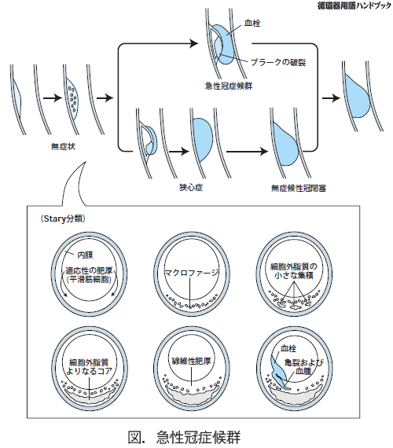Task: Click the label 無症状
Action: pos(63,146)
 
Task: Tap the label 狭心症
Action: pos(191,187)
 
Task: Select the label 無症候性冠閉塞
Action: pos(299,188)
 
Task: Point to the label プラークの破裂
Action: pos(278,62)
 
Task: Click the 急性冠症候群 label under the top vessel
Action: pos(229,86)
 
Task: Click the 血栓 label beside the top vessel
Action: pos(252,23)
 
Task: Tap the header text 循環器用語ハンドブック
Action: pos(354,6)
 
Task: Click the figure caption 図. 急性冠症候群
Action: pos(184,437)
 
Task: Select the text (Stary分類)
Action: pos(63,218)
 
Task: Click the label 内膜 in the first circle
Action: pos(85,255)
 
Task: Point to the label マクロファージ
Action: pos(192,273)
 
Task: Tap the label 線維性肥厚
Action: pos(191,361)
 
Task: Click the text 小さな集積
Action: pos(294,275)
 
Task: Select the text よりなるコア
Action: pos(89,371)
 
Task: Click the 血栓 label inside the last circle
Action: pos(288,348)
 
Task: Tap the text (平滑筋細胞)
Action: pos(89,279)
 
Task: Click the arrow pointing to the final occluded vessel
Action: pos(331,98)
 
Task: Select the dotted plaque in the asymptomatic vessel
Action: pos(72,97)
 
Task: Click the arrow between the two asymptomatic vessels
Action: pos(53,98)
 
